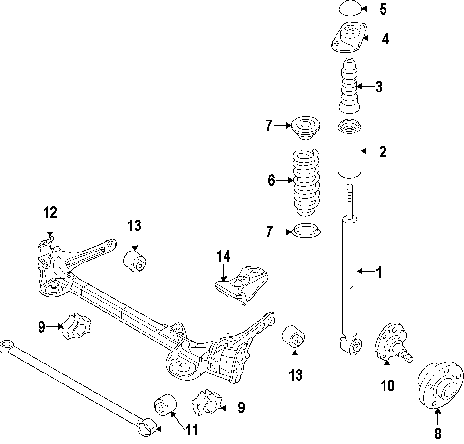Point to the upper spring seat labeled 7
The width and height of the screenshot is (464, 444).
[x=306, y=128]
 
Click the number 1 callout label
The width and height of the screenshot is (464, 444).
[x=379, y=272]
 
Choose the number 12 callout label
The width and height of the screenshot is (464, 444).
[x=50, y=212]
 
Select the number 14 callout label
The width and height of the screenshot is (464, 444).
[x=224, y=257]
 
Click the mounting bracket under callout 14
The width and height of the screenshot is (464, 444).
[x=243, y=285]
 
